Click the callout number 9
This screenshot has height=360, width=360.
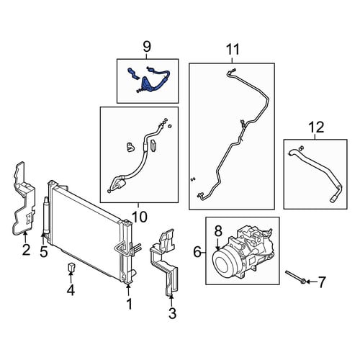coord(147,47)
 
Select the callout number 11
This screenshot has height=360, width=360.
coord(233,50)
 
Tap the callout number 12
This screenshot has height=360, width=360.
coord(316,127)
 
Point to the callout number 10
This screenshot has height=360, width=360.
coord(139,217)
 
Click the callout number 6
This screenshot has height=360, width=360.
coord(197,252)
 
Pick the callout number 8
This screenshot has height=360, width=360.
coord(218,231)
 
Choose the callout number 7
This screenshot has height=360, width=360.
coord(321,282)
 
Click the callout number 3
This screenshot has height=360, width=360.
coord(172,313)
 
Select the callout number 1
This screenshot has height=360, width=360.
coord(129,304)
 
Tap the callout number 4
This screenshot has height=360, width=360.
coord(71,291)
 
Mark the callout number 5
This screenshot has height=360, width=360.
coord(44,251)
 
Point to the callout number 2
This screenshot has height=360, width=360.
coord(26,250)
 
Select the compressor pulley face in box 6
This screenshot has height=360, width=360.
coord(224,264)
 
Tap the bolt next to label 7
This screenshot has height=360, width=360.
coord(295,276)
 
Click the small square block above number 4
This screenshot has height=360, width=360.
coord(71,266)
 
